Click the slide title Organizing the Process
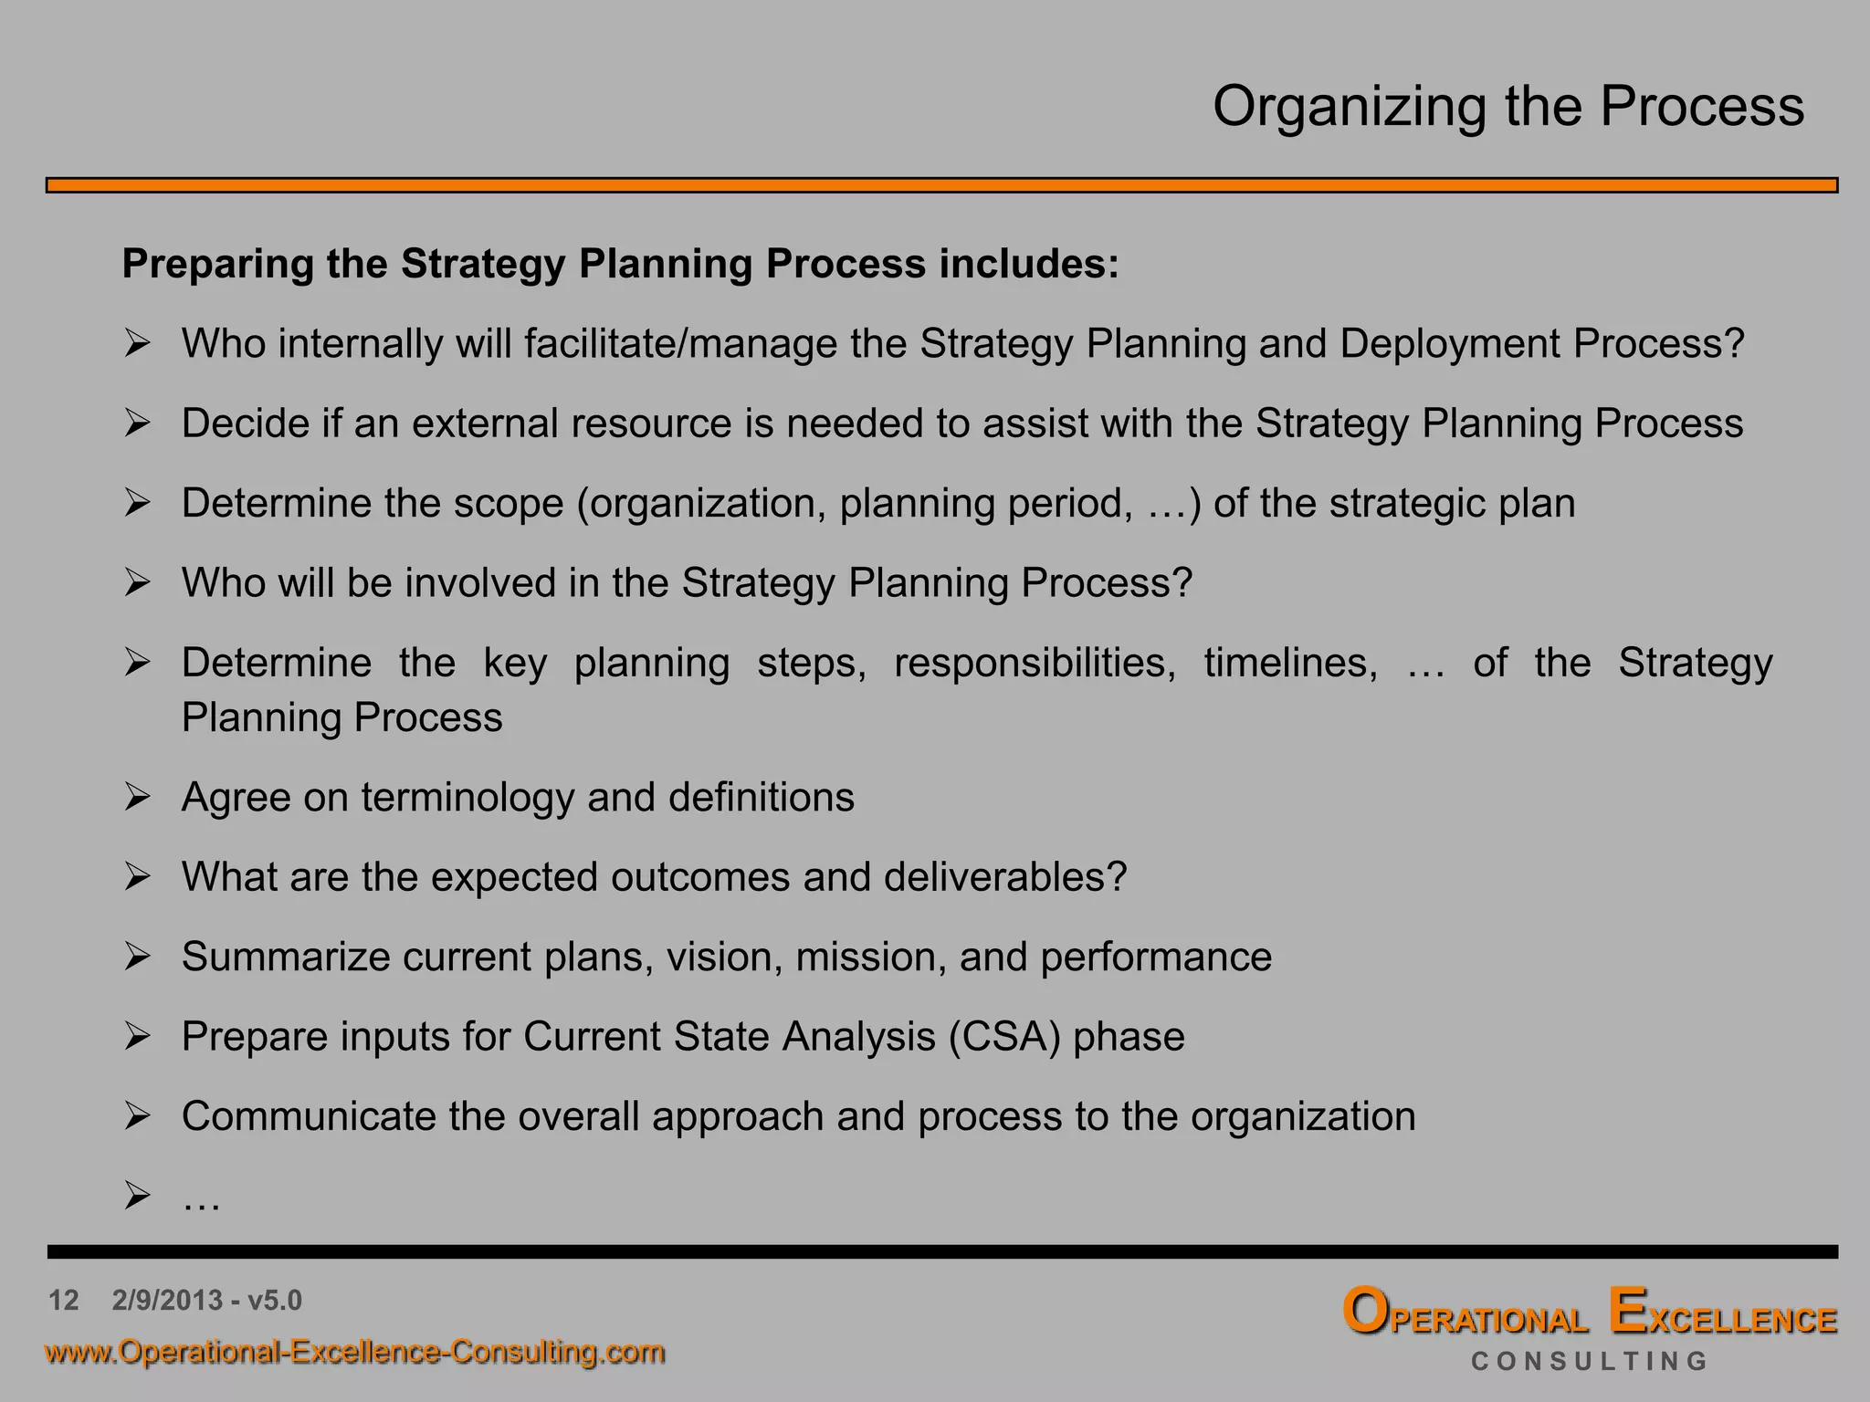click(1508, 107)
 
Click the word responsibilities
click(1035, 664)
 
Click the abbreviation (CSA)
click(1004, 1037)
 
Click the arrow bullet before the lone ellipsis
click(137, 1195)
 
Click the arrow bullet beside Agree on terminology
click(137, 797)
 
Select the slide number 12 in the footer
click(64, 1300)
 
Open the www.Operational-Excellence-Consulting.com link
click(355, 1352)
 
